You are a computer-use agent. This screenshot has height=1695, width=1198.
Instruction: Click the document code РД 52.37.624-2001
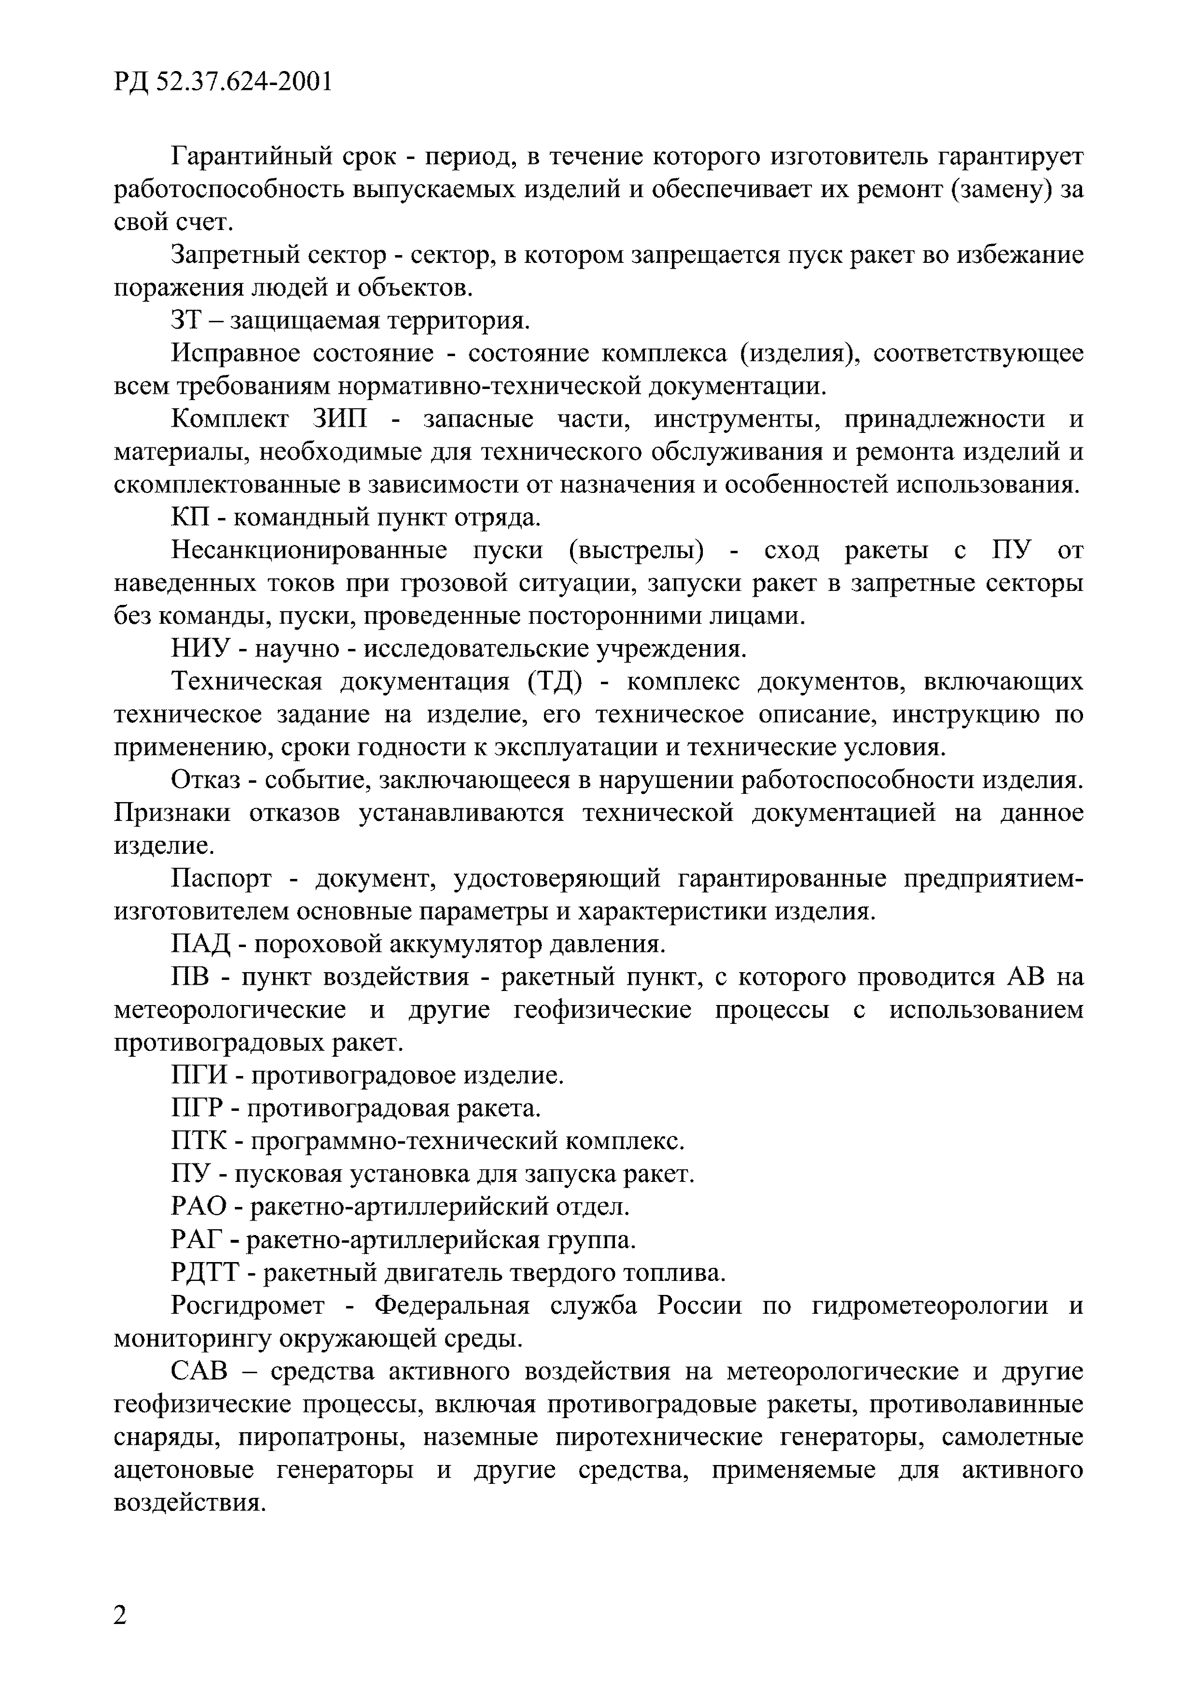pyautogui.click(x=223, y=81)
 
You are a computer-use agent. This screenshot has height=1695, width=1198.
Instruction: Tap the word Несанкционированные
pyautogui.click(x=309, y=550)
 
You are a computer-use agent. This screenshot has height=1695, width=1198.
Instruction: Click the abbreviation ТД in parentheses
pyautogui.click(x=555, y=681)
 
